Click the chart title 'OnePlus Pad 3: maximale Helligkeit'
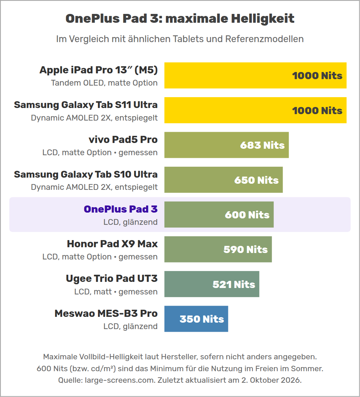(180, 18)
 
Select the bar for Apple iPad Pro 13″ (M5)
(255, 75)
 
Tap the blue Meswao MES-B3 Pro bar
(196, 319)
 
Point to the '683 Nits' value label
(262, 145)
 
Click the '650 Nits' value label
(256, 180)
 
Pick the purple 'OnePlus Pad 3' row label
(121, 209)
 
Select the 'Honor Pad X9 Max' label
(112, 244)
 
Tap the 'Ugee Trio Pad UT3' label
(112, 278)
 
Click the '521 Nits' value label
(234, 284)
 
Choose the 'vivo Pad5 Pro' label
(123, 140)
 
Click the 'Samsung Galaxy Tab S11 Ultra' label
(86, 105)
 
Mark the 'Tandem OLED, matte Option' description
(104, 83)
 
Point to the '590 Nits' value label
(245, 249)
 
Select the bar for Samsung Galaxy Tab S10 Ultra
(223, 180)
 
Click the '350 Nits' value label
(202, 319)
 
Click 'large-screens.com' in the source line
(120, 380)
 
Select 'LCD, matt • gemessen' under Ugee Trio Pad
(116, 292)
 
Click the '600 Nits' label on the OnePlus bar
(247, 215)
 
